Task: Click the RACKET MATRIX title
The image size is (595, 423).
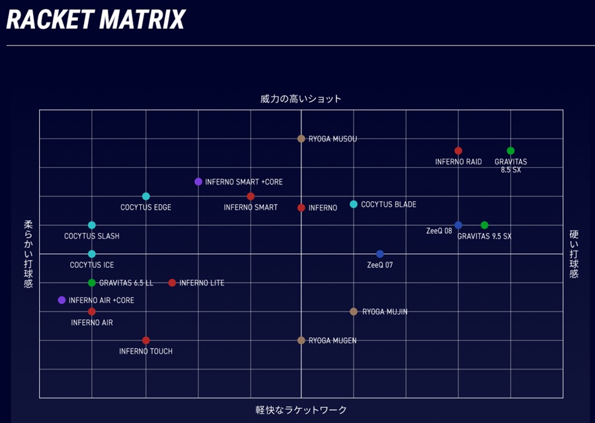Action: coord(96,20)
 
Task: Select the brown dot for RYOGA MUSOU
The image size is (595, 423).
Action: coord(301,139)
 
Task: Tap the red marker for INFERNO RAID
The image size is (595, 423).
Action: coord(458,151)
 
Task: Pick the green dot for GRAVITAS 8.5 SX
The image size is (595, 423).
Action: coord(510,151)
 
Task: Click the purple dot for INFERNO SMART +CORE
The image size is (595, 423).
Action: coord(198,182)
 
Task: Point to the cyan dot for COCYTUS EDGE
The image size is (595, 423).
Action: coord(145,196)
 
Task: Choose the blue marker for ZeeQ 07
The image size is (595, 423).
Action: coord(380,254)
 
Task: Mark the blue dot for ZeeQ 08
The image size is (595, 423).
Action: coord(458,225)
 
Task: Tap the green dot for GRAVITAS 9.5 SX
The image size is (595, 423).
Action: coord(484,225)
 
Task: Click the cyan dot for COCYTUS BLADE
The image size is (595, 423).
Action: coord(353,204)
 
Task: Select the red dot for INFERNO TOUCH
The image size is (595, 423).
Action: coord(145,340)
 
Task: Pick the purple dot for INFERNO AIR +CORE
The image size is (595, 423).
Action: coord(61,301)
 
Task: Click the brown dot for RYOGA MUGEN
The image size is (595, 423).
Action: coord(301,340)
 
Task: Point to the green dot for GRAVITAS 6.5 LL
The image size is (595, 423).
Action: coord(91,283)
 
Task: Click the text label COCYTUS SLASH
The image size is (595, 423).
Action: coord(92,237)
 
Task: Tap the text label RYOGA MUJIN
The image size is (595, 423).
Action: coord(385,312)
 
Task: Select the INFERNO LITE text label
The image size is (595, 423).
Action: coord(202,283)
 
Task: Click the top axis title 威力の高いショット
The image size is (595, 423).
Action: coord(301,99)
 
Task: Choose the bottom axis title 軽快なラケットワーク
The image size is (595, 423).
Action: coord(301,410)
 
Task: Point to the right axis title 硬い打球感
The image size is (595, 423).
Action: coord(574,254)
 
